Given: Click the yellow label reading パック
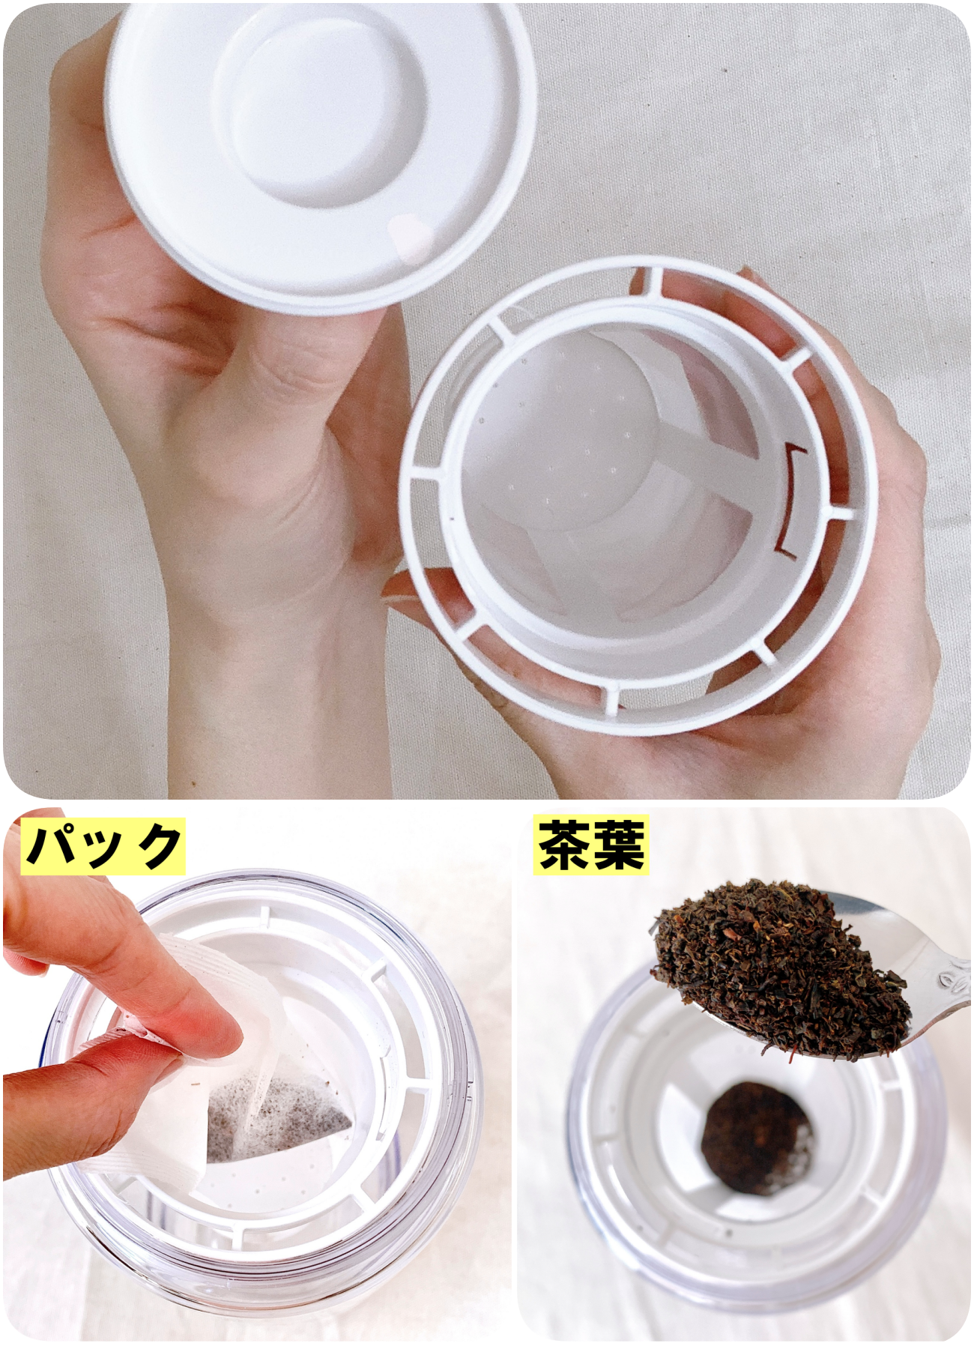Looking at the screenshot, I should (103, 845).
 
